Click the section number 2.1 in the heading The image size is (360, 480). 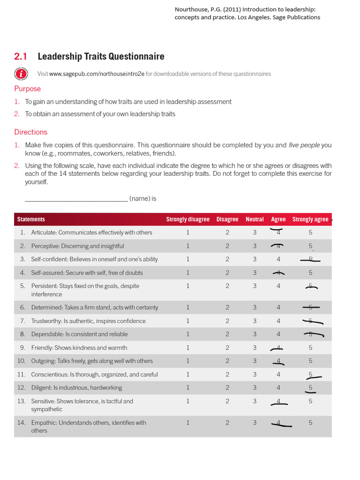21,57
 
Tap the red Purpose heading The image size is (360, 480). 27,89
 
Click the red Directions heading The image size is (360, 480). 30,132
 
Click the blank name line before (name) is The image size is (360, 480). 76,198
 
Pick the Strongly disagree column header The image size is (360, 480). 187,219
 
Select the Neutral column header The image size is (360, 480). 255,219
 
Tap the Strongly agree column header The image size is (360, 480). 310,219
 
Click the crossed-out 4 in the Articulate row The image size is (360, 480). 278,232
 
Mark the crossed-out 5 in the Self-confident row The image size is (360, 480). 310,259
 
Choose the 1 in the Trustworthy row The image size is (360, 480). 187,321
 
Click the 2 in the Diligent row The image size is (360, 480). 227,388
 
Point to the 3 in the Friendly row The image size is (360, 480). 255,348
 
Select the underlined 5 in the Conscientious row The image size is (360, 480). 310,375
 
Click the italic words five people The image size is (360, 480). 304,145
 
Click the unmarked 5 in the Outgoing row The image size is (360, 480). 310,361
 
